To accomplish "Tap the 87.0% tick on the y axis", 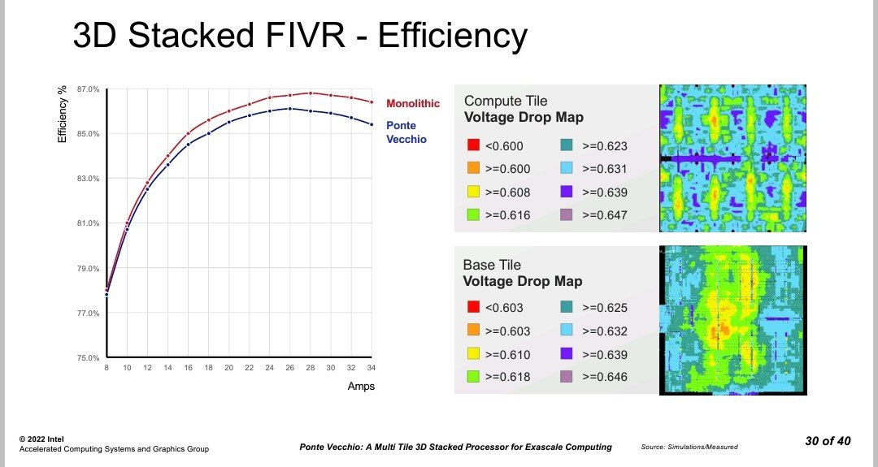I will click(x=89, y=89).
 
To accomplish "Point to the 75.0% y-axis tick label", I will click(x=89, y=357).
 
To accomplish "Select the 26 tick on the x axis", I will click(x=289, y=368).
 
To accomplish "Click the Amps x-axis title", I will click(x=361, y=387).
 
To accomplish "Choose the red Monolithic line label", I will click(x=413, y=104).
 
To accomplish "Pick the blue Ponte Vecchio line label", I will click(x=406, y=132).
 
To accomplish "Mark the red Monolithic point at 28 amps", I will click(x=310, y=93).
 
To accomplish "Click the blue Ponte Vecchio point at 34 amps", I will click(x=372, y=124).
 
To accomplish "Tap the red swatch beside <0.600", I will click(x=472, y=146).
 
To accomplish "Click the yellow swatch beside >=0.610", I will click(x=472, y=354).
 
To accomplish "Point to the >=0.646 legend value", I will click(x=605, y=377).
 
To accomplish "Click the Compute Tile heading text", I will click(x=506, y=102).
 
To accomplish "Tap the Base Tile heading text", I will click(x=492, y=265).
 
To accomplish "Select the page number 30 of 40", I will click(x=828, y=441).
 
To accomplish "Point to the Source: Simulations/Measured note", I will click(x=690, y=448).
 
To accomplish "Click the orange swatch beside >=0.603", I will click(x=472, y=331).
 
